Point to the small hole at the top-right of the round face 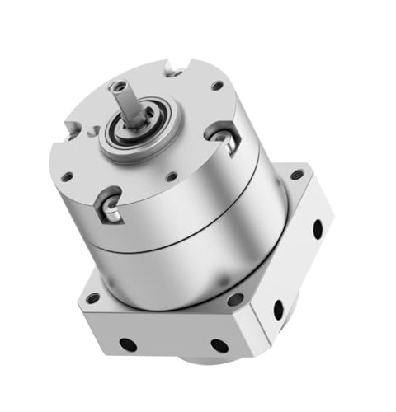217,85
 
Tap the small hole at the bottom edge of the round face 170,176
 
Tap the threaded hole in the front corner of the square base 237,300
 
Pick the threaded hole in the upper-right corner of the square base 296,175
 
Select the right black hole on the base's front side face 219,346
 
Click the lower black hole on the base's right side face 279,310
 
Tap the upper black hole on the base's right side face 318,229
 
